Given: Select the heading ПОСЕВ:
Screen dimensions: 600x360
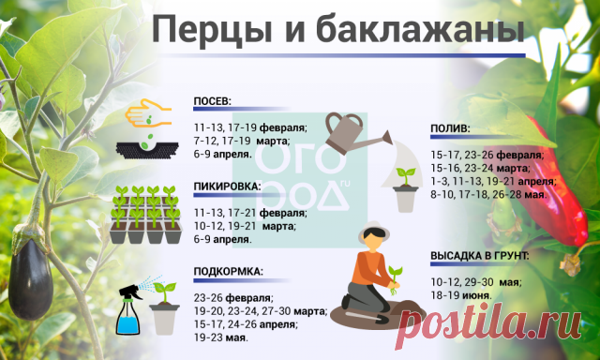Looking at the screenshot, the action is tap(213, 101).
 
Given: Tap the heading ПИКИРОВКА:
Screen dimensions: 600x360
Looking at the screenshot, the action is tap(227, 187).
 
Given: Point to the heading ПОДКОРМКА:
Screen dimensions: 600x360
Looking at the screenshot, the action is tap(229, 272).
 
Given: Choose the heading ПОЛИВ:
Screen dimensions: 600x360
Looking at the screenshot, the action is tap(450, 129).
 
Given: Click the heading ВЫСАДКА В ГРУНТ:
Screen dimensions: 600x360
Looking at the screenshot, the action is tap(480, 256).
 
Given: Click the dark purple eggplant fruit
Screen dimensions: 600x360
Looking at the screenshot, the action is tap(30, 277).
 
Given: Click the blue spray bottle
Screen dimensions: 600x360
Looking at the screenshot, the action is tap(128, 310).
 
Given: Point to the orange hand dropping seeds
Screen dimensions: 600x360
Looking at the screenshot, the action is tap(148, 113).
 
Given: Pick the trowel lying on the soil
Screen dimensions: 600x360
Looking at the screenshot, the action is tap(367, 317).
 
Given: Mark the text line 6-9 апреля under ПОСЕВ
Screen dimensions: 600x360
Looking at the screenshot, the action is tap(223, 155).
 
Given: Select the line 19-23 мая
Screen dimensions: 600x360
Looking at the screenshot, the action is tap(221, 338).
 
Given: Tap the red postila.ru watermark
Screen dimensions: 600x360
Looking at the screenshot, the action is tap(488, 323).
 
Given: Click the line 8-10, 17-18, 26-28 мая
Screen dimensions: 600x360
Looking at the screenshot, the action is tap(488, 194).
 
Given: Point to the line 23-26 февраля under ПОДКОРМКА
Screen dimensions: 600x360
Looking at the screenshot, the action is tap(233, 297).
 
